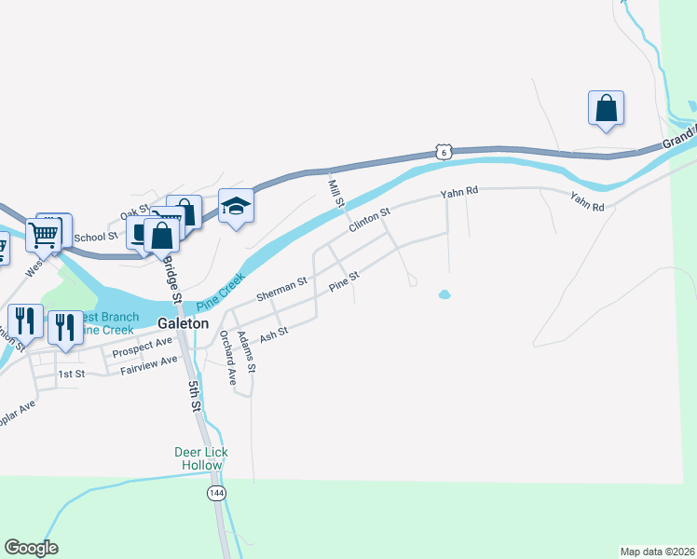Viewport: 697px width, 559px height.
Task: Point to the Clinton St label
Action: tap(368, 221)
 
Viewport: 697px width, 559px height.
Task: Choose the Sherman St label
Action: tap(281, 289)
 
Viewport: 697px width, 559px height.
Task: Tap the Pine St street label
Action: tap(344, 279)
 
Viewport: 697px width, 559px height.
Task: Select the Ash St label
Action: tap(275, 333)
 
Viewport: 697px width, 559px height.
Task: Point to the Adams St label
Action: tap(245, 353)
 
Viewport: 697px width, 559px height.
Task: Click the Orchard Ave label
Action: tap(226, 357)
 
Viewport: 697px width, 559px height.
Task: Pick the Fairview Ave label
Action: tap(148, 364)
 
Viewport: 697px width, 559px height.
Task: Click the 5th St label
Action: tap(193, 395)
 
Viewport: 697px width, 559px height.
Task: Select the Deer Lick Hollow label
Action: tap(201, 458)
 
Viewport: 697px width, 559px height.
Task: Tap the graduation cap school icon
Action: tap(236, 206)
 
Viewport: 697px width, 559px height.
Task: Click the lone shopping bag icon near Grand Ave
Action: tap(606, 108)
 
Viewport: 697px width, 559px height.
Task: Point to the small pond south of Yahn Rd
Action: tap(444, 295)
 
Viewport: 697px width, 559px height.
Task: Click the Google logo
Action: tap(31, 548)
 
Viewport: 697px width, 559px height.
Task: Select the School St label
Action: tap(95, 238)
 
